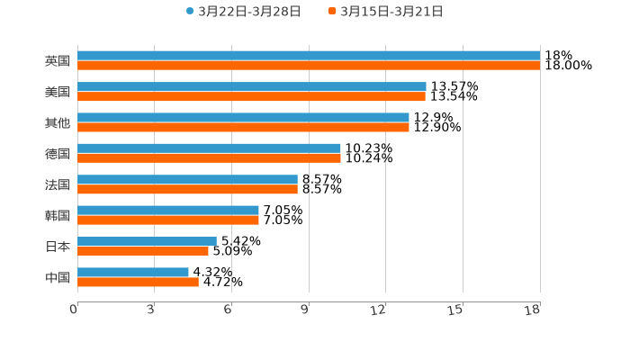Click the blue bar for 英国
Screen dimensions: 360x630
click(x=309, y=56)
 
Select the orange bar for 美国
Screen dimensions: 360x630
click(x=251, y=96)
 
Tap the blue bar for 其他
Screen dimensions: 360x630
click(x=243, y=117)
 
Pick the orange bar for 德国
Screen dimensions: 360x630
click(x=209, y=157)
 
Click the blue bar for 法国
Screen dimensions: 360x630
click(x=187, y=179)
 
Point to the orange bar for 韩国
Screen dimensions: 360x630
click(x=168, y=220)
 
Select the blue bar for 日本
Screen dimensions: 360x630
click(x=147, y=241)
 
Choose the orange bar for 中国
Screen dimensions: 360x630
click(x=138, y=282)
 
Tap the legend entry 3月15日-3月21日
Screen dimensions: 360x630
click(x=391, y=12)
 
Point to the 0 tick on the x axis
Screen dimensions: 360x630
click(x=74, y=310)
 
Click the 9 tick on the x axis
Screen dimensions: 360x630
click(x=306, y=310)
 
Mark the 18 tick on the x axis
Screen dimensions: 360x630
click(x=535, y=310)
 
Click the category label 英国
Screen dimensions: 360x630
click(x=58, y=61)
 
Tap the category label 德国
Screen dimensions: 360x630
click(x=58, y=153)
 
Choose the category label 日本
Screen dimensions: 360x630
click(x=58, y=246)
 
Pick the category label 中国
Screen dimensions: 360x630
click(x=58, y=277)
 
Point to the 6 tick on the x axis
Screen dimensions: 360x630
click(x=229, y=310)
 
